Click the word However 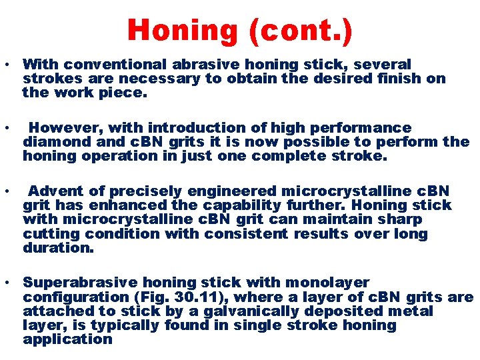point(66,127)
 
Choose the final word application point(67,339)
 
